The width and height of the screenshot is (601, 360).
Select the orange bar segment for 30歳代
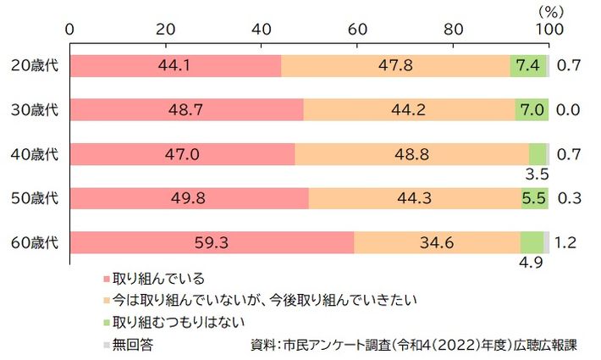click(409, 109)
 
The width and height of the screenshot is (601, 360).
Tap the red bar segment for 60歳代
click(212, 242)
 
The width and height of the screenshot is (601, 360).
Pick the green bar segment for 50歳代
click(533, 198)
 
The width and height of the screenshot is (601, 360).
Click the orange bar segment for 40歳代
click(412, 154)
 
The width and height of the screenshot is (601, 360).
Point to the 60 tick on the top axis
click(358, 28)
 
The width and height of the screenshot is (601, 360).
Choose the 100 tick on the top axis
click(549, 28)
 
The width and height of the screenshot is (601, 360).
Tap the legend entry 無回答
click(132, 344)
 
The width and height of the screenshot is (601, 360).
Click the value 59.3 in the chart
click(212, 242)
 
